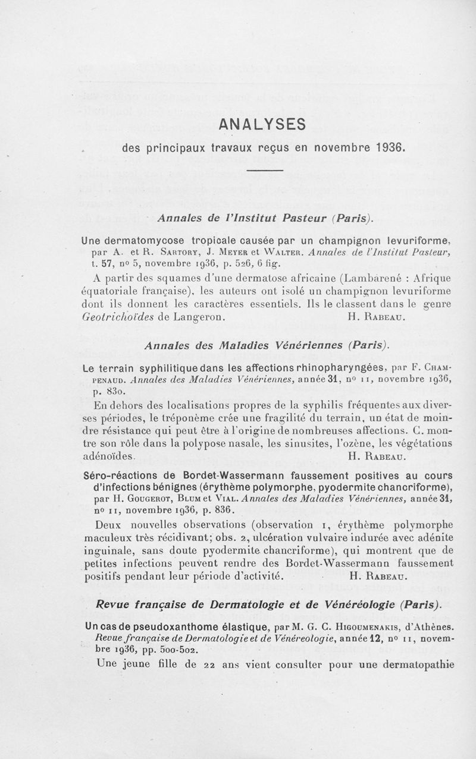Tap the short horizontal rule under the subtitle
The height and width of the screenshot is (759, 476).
click(262, 172)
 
